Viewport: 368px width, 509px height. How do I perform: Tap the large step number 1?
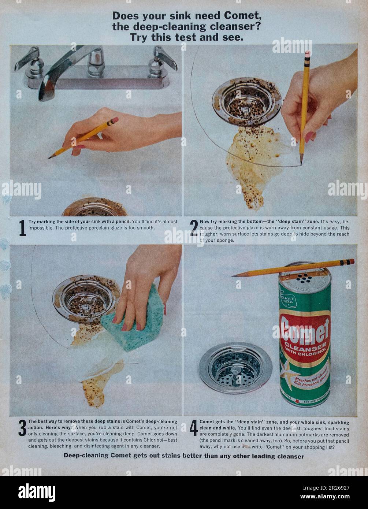22,228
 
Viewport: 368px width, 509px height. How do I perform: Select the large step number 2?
194,228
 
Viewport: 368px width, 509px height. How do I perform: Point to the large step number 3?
22,428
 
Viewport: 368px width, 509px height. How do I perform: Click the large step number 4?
194,428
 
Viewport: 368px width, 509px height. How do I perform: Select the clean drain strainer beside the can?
235,367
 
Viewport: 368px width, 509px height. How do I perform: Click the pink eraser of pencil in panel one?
115,120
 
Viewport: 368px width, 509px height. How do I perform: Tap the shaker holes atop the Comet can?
304,278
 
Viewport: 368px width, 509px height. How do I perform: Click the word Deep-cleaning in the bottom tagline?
86,456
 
